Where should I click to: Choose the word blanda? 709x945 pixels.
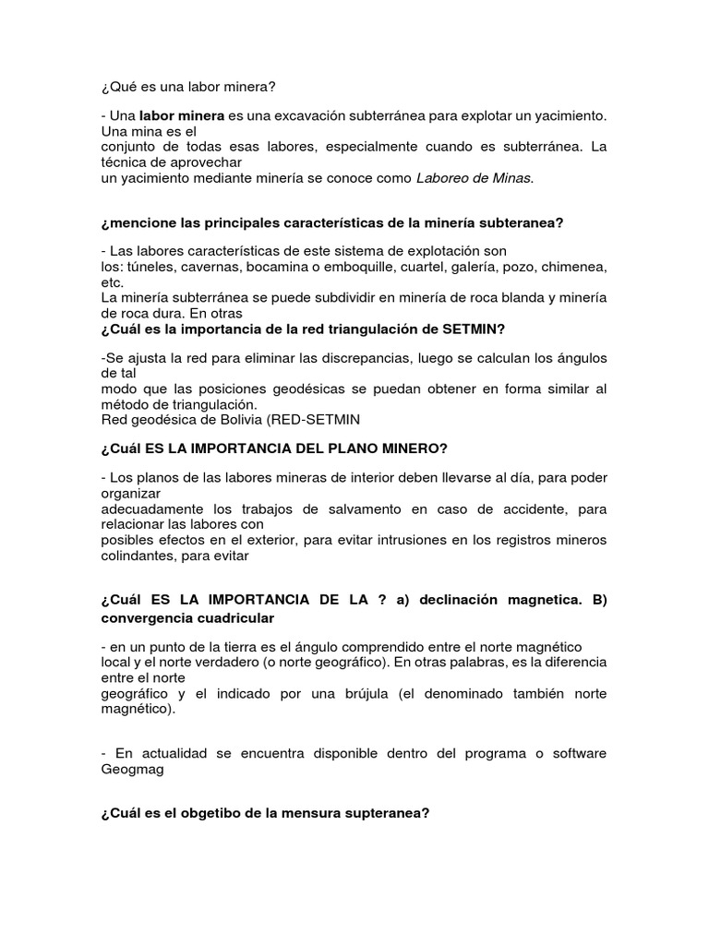pyautogui.click(x=502, y=298)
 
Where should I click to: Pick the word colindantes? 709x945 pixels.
pyautogui.click(x=139, y=556)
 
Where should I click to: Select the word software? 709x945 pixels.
pyautogui.click(x=578, y=753)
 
